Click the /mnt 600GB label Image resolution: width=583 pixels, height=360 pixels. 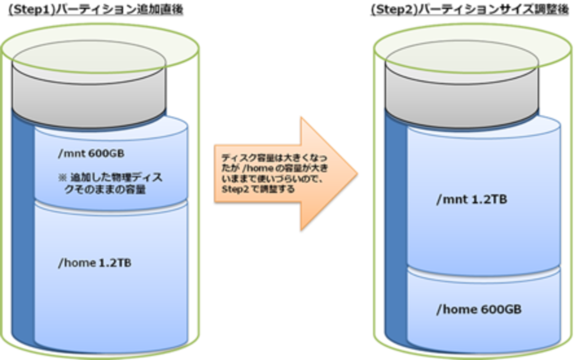pyautogui.click(x=91, y=154)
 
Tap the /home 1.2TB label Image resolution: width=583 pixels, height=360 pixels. pyautogui.click(x=94, y=263)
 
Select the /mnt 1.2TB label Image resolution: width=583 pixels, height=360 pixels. pyautogui.click(x=471, y=200)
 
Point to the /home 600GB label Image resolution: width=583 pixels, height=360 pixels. pyautogui.click(x=479, y=309)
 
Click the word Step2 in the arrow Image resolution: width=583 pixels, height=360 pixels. pyautogui.click(x=232, y=189)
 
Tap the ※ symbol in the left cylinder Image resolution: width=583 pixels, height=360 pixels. pyautogui.click(x=62, y=178)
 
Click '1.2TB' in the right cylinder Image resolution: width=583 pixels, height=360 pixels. pyautogui.click(x=490, y=200)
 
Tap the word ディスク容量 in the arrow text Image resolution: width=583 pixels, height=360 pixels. pyautogui.click(x=242, y=159)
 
